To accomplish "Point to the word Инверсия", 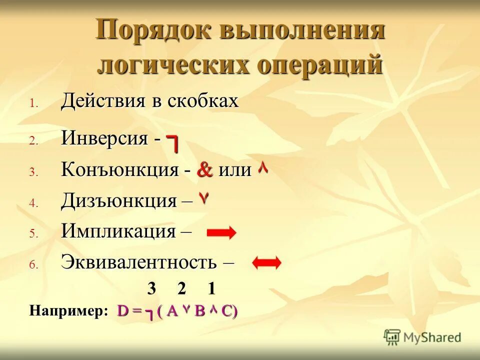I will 104,138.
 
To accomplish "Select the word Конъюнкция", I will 119,170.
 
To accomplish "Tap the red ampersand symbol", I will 205,170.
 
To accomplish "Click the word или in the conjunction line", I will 235,170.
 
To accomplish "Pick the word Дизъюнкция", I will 119,200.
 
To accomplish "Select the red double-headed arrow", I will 267,263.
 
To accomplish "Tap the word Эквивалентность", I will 139,261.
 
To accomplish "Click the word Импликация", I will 118,231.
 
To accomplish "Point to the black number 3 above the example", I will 151,289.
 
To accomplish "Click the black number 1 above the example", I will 211,289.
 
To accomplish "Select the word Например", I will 68,310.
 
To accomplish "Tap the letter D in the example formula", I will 123,311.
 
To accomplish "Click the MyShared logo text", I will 430,337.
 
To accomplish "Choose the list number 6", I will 33,265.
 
